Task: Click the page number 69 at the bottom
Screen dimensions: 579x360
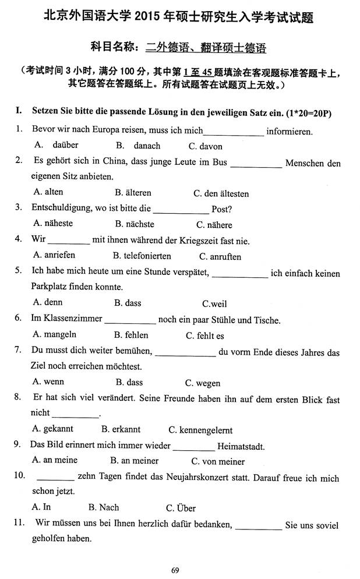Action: point(175,570)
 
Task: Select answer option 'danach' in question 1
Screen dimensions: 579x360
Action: point(147,146)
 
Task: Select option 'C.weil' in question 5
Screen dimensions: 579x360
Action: point(214,303)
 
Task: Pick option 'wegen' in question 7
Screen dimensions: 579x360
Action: point(210,383)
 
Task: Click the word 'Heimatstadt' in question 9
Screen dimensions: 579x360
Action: point(240,447)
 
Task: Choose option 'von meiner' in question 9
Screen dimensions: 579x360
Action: point(223,462)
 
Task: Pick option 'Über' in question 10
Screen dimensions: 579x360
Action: point(186,508)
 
